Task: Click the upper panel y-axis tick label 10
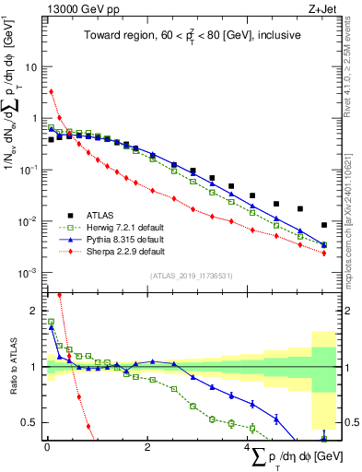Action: pos(31,67)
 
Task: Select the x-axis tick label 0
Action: pos(46,448)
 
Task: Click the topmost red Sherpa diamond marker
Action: pos(52,91)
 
